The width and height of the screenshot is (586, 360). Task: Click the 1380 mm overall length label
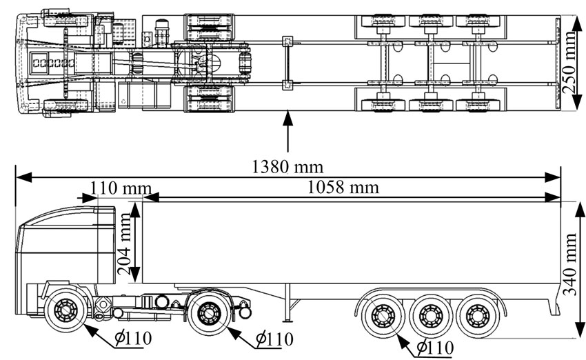[x=287, y=166]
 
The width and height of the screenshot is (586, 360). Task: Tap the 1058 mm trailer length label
[x=343, y=187]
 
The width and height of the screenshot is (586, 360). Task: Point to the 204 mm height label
[x=125, y=243]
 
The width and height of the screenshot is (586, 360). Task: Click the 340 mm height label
[x=570, y=264]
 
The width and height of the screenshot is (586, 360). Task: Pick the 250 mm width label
[x=569, y=62]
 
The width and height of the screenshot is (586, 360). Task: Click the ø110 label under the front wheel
[x=133, y=339]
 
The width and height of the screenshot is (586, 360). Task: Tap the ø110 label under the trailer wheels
[x=435, y=348]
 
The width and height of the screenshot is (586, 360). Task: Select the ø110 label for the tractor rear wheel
[x=274, y=339]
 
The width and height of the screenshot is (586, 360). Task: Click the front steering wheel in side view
[x=65, y=310]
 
